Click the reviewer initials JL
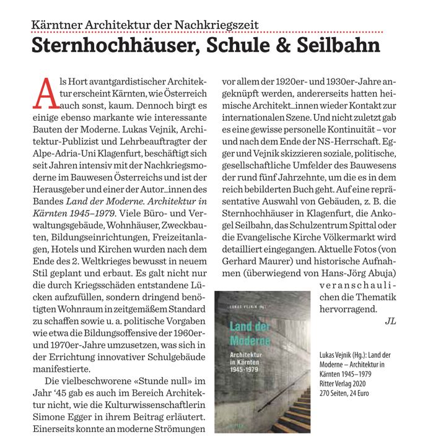pos(390,321)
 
